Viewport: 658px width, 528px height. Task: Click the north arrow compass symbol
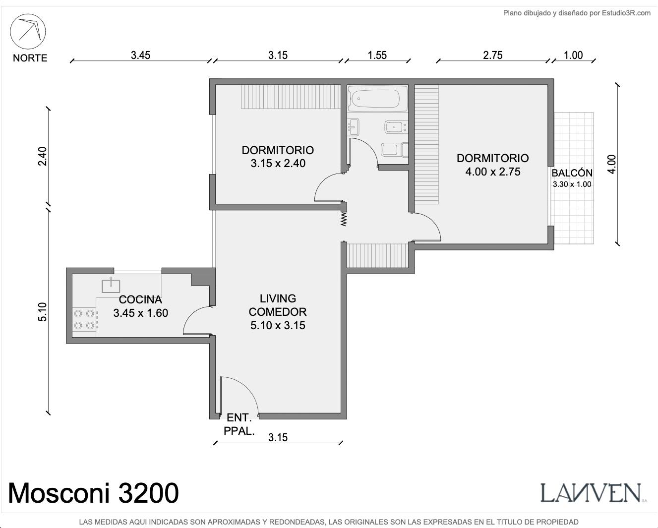tap(28, 31)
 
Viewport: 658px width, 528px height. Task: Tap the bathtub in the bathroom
tap(378, 98)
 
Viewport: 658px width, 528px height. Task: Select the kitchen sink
tap(111, 285)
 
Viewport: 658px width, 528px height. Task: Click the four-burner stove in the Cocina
tap(84, 319)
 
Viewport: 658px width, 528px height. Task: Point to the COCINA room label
tap(140, 299)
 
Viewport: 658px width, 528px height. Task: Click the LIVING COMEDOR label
tap(278, 305)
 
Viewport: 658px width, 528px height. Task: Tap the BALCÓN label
tap(572, 173)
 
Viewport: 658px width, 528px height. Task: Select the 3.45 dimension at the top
tap(140, 56)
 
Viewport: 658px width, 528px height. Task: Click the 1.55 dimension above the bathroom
tap(377, 56)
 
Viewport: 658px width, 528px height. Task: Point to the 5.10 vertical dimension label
tap(43, 311)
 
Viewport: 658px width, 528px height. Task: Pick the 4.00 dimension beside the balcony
tap(611, 165)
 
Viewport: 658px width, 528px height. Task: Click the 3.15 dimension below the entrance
tap(278, 437)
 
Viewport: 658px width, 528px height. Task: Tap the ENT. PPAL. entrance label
tap(239, 424)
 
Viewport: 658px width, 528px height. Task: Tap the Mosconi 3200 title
tap(93, 493)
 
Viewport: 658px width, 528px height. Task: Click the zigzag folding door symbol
tap(344, 219)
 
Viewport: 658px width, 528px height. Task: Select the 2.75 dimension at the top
tap(492, 56)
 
